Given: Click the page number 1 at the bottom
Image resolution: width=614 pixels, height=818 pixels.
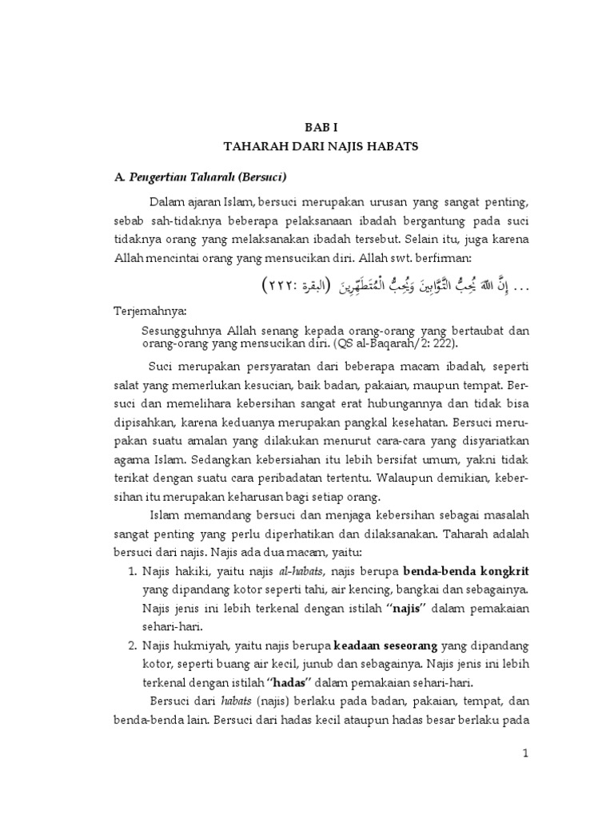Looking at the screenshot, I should [x=524, y=753].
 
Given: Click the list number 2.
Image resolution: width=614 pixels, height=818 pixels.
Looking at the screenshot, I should [x=133, y=645].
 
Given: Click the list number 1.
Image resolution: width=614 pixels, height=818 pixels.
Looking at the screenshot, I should [x=133, y=573].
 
